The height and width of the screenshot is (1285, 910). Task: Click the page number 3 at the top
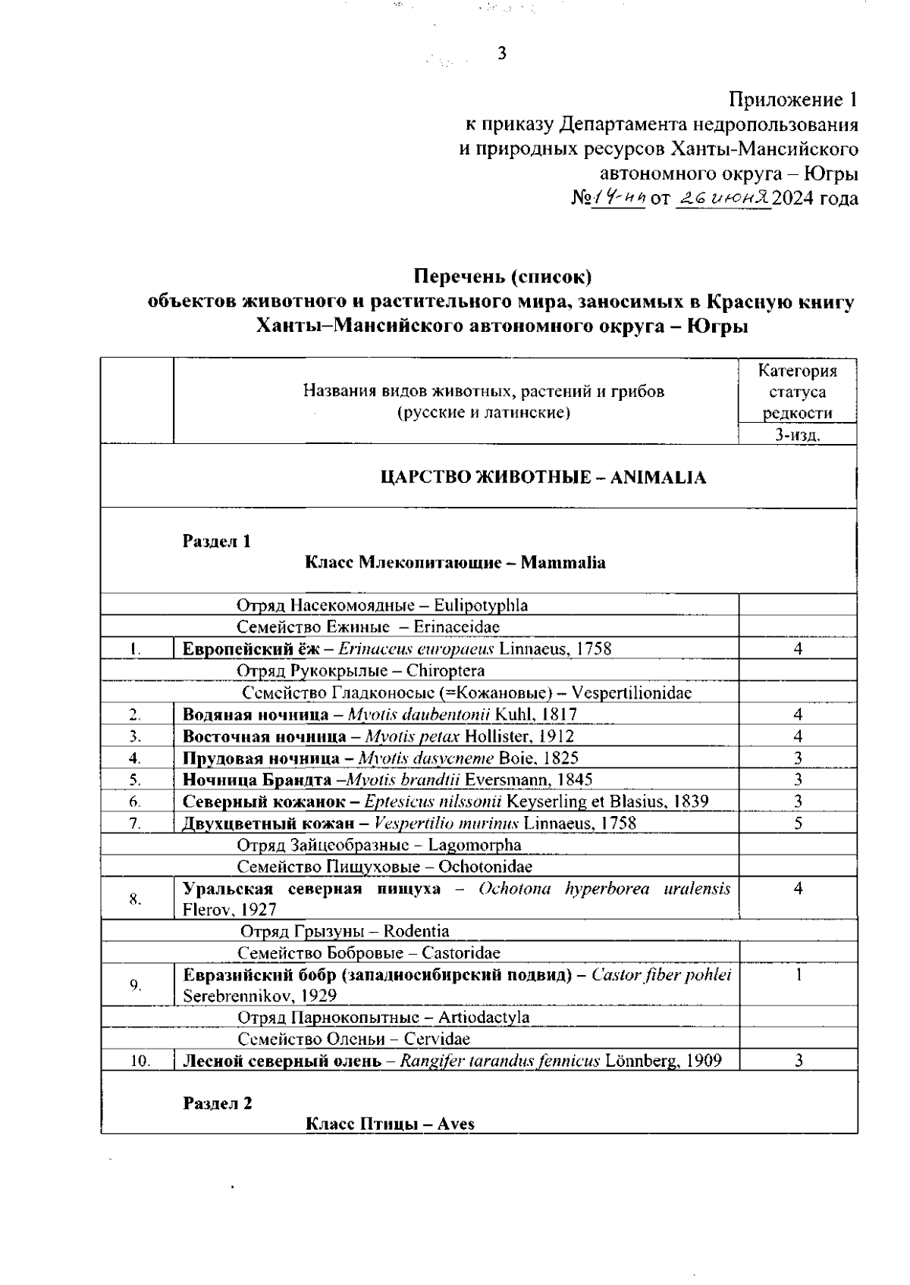point(501,54)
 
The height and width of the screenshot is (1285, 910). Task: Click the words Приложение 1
point(793,99)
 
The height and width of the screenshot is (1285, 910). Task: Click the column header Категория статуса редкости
point(798,392)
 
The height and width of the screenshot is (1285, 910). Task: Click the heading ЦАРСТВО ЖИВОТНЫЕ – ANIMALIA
point(542,477)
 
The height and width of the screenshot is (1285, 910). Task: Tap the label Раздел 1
point(216,541)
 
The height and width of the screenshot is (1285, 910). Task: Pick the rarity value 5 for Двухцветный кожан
point(799,823)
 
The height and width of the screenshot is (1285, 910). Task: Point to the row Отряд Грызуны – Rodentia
point(345,931)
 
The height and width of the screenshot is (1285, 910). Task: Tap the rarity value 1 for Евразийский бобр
point(799,974)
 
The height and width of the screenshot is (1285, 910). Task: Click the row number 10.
point(139,1061)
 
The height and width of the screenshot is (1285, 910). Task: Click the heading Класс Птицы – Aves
point(390,1124)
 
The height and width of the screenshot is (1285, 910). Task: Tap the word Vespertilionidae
point(631,693)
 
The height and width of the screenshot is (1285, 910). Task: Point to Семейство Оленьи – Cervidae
point(354,1039)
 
